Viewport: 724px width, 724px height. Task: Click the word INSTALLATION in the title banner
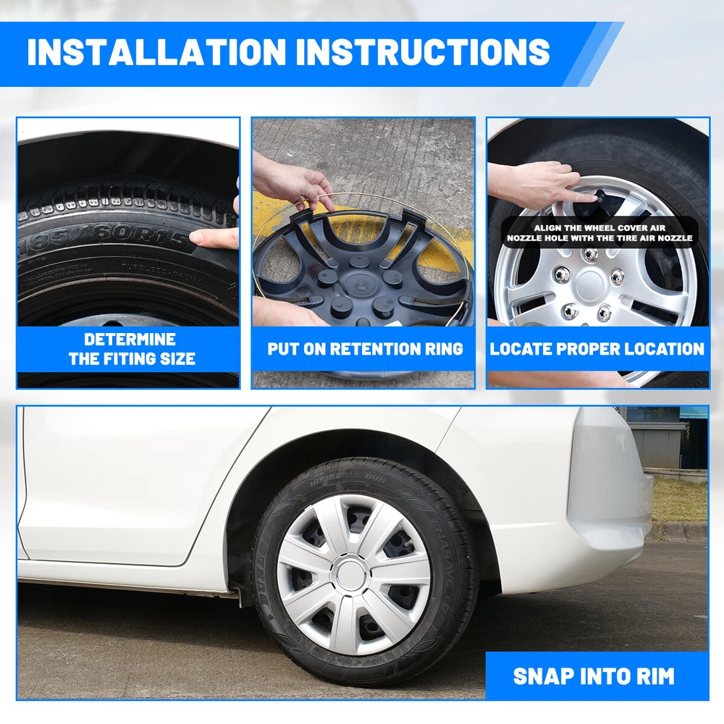click(157, 51)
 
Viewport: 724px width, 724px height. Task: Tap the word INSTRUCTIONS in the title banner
click(423, 51)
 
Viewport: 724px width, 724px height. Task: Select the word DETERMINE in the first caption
click(130, 340)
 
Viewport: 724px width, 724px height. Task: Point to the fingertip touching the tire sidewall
click(197, 237)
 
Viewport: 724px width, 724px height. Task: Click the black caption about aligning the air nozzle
click(599, 232)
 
